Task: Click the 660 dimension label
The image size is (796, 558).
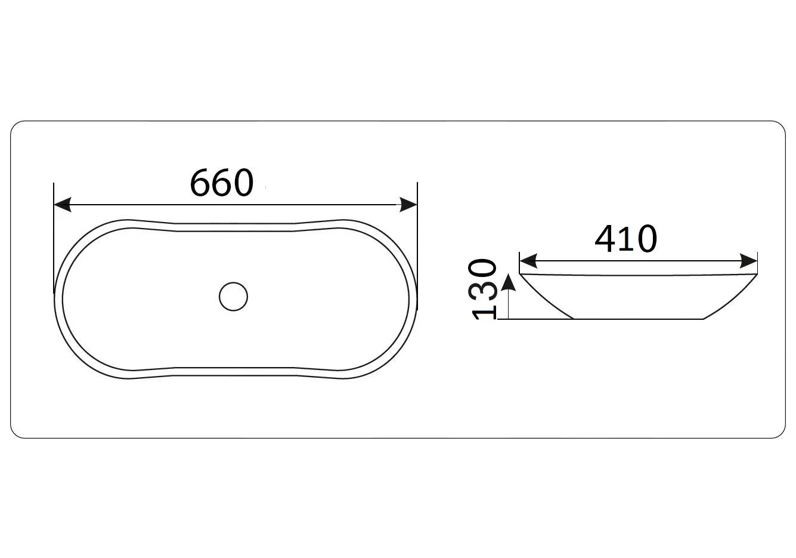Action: pos(222,183)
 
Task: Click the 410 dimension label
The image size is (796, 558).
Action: pos(625,239)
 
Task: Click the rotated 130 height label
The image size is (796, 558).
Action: pos(483,289)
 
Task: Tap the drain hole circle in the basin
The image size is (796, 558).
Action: pos(233,297)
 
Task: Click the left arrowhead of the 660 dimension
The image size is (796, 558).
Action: pos(63,205)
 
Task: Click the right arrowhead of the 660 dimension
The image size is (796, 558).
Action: pos(408,205)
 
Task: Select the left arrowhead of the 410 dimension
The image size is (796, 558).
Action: pos(528,261)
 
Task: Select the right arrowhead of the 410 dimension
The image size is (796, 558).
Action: pos(748,261)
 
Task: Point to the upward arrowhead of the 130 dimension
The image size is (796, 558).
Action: pos(509,283)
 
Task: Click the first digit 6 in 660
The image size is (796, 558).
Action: pos(200,183)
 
